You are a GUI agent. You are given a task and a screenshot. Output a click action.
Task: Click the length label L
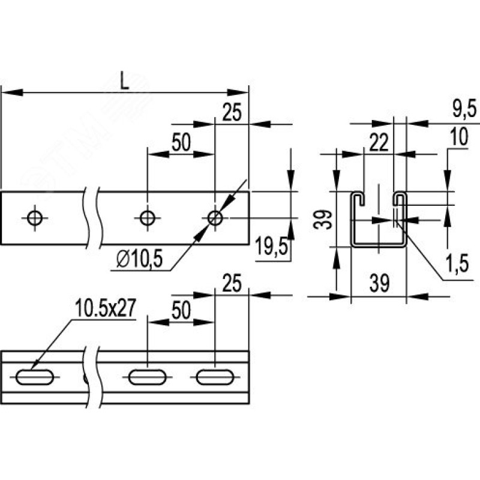pos(124,81)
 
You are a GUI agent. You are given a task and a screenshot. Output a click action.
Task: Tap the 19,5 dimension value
pos(272,247)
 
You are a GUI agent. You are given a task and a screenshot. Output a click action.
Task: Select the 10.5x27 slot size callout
pos(106,308)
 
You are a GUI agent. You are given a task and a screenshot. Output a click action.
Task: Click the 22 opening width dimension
pos(379,143)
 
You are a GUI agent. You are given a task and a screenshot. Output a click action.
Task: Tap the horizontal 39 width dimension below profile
pos(380,283)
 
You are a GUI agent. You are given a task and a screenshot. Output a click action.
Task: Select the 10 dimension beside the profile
pos(459,137)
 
